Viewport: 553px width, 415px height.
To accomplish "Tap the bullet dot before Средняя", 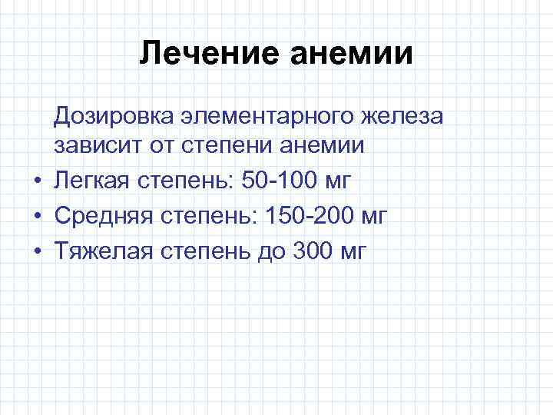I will [35, 217].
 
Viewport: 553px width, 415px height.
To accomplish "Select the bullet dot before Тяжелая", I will [35, 251].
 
